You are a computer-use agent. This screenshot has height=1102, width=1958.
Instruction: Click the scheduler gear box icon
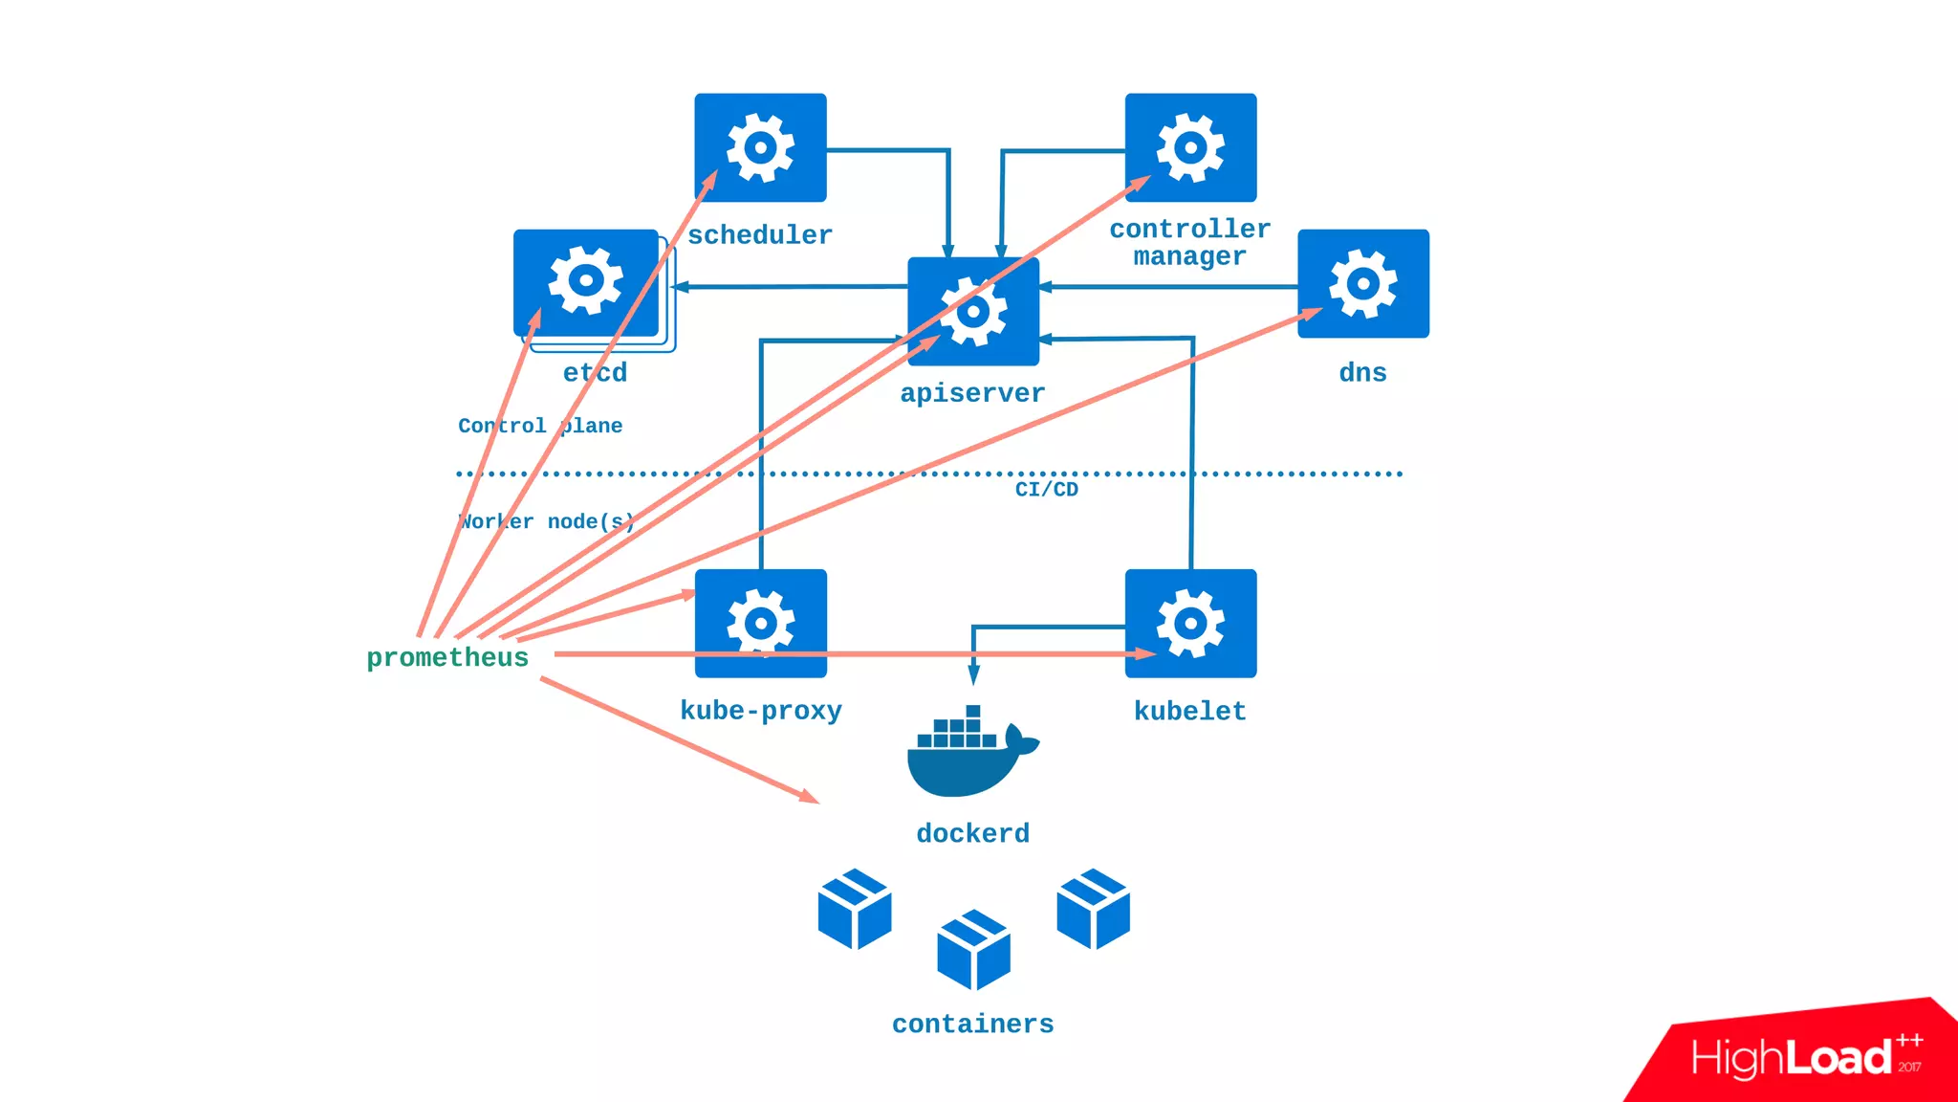760,147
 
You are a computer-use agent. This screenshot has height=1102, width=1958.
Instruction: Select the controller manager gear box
1190,147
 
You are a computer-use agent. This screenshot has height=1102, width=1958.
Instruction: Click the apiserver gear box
973,312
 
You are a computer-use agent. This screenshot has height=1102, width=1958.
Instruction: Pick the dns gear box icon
1363,283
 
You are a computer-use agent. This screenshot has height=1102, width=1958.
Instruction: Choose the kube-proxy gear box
760,624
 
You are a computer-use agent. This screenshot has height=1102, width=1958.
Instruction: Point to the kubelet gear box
1190,624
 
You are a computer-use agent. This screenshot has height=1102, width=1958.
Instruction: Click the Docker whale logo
971,753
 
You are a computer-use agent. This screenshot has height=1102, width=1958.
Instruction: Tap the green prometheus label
447,658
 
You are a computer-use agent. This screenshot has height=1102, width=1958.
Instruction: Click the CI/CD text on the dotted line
1046,490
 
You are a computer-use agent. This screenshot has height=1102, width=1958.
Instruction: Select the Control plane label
540,426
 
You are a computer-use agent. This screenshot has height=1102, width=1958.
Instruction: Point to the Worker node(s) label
546,522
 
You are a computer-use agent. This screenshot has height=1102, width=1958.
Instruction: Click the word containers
972,1025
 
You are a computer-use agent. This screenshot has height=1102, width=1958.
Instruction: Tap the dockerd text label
972,834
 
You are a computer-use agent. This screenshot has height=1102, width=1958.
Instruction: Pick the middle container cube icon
973,950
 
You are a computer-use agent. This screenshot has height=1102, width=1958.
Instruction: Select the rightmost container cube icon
1093,909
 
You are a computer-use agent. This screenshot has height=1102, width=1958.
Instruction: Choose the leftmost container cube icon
855,909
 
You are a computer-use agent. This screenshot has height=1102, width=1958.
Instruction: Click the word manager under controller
1189,256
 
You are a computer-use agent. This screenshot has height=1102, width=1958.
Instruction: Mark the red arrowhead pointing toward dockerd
810,796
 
